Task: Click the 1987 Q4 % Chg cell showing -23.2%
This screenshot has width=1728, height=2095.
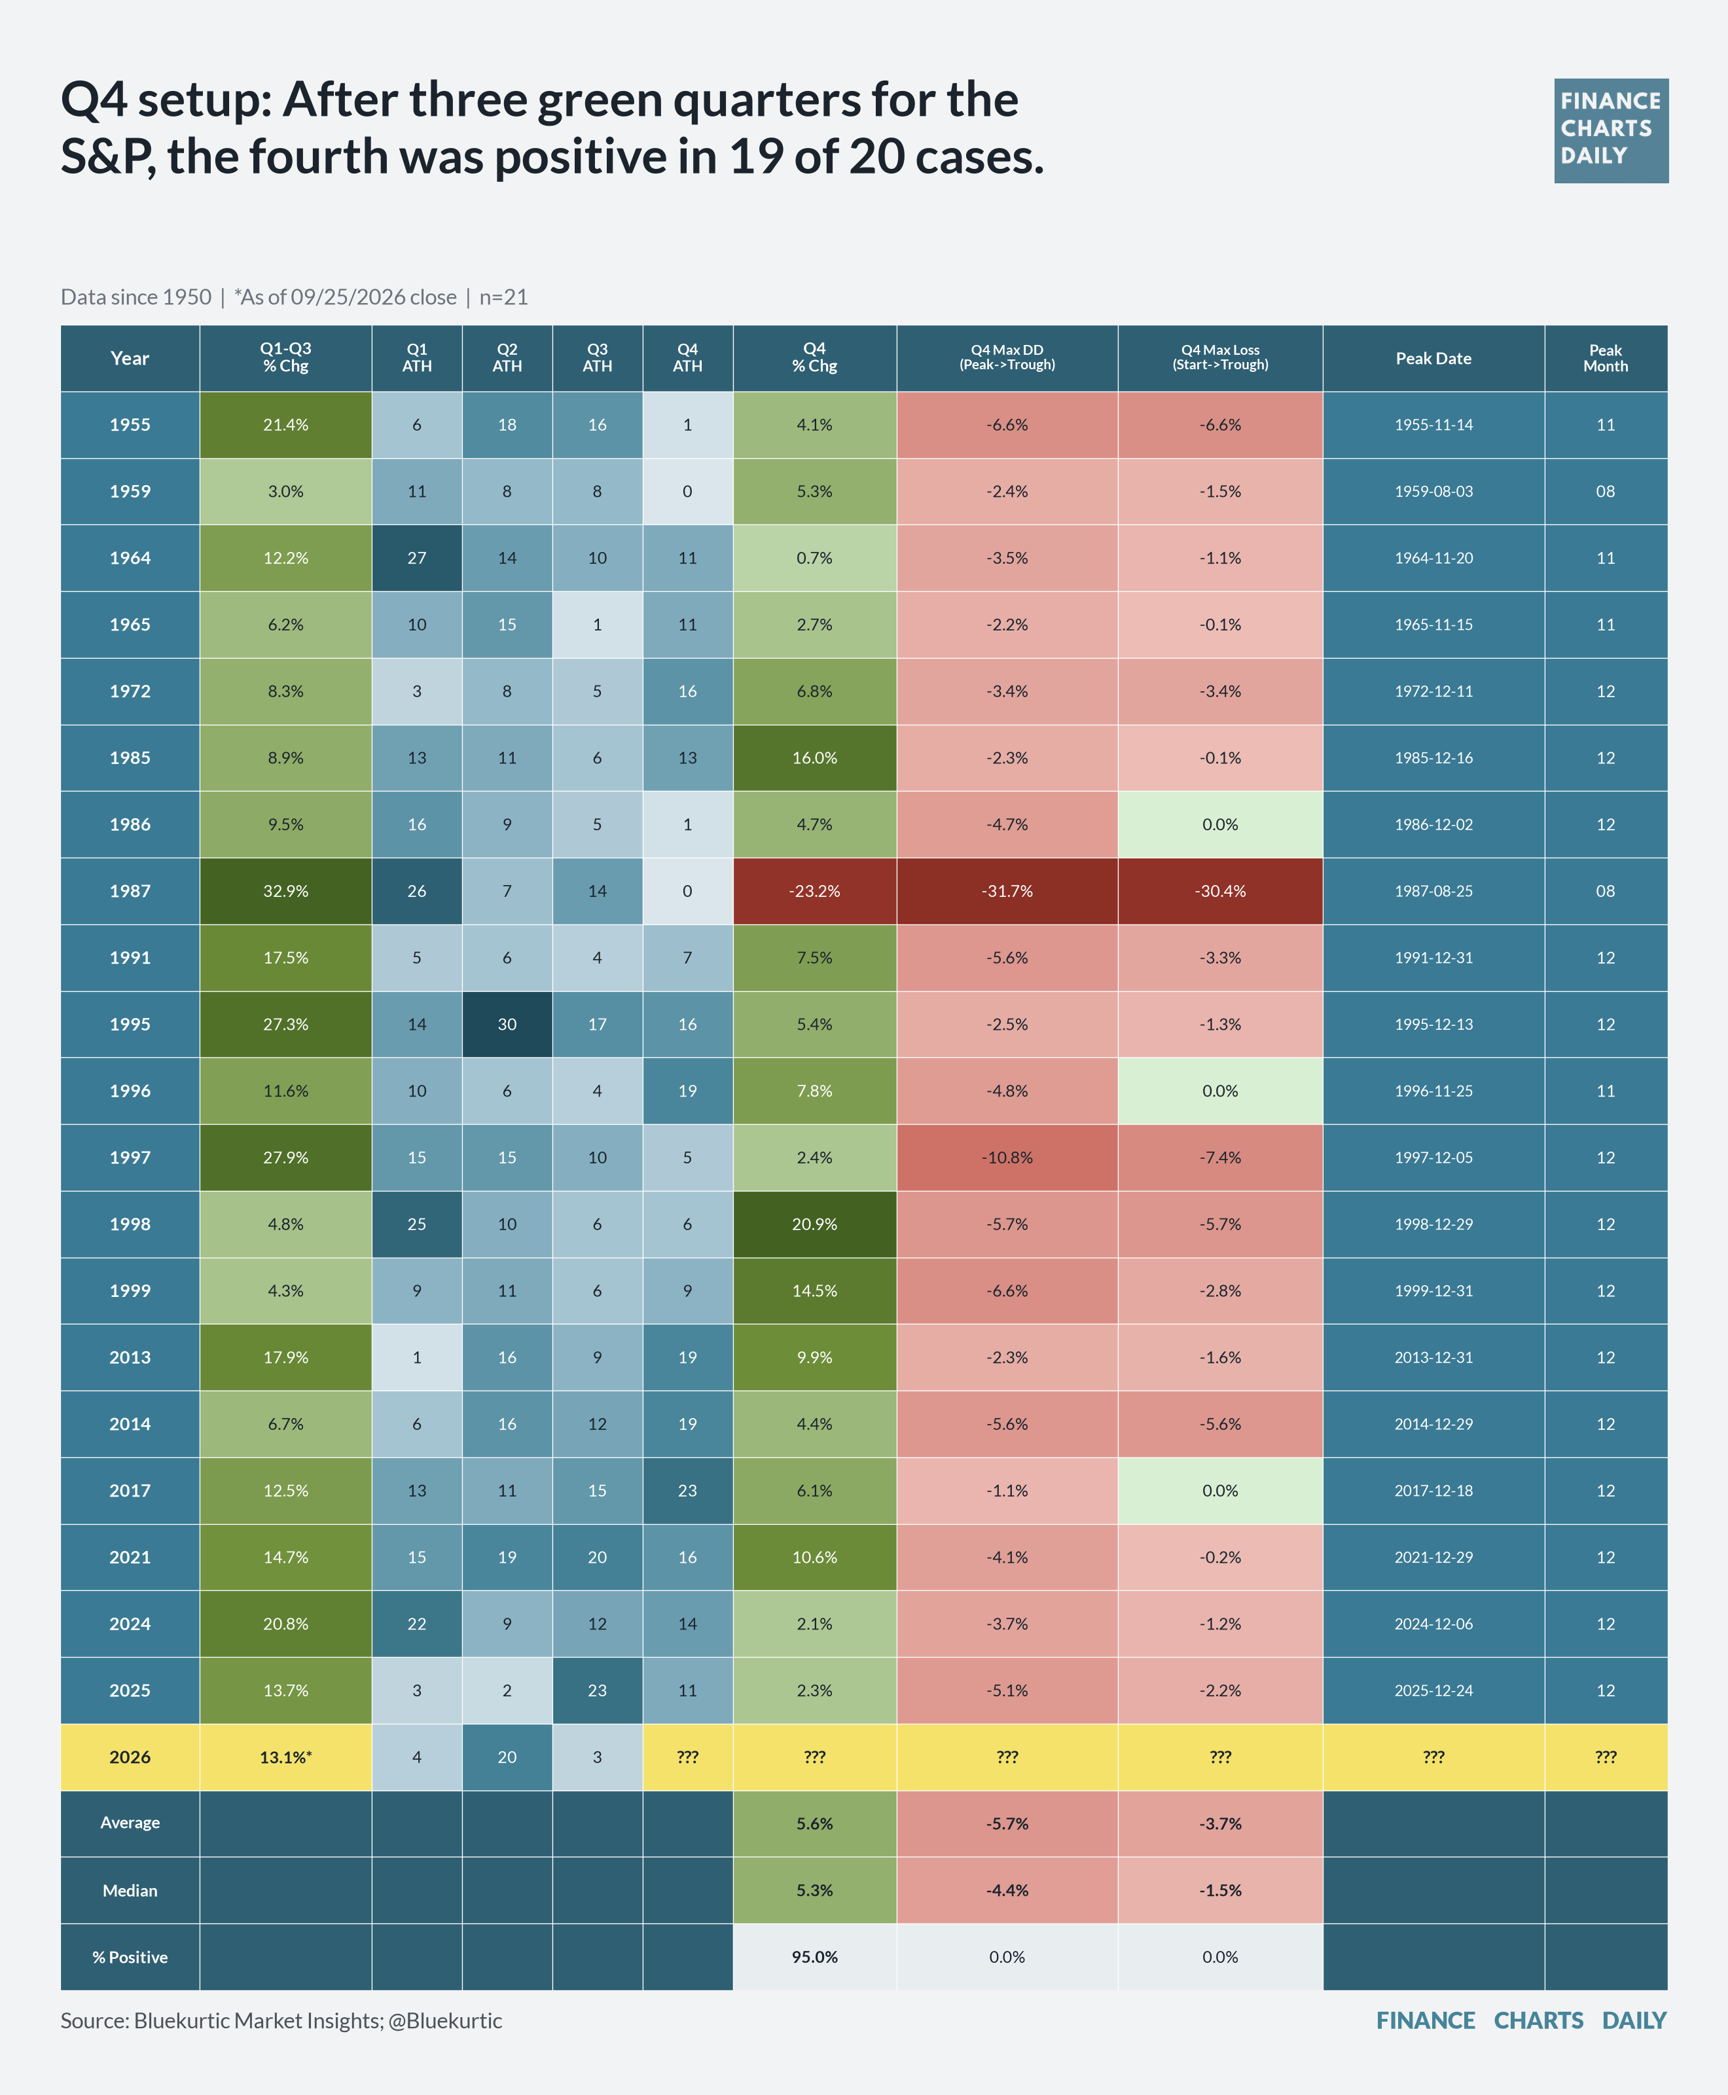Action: [814, 891]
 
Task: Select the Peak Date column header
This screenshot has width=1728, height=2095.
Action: [1433, 359]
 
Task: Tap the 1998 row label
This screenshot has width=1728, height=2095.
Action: [130, 1224]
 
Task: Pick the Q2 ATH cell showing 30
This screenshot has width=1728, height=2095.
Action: [507, 1023]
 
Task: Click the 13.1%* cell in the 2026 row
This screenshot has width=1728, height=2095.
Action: [285, 1757]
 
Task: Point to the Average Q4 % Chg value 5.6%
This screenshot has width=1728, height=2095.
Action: [814, 1823]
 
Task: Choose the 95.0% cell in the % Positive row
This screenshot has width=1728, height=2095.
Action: [814, 1957]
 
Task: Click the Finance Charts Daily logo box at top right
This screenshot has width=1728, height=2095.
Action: [1611, 130]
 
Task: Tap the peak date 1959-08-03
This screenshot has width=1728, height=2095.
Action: [1433, 491]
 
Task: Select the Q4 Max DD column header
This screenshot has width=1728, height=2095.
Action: [1007, 359]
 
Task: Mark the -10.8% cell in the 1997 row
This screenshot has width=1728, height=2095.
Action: [1007, 1157]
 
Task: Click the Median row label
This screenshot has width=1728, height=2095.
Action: [130, 1890]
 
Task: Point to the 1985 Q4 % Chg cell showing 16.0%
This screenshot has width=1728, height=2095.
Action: [814, 757]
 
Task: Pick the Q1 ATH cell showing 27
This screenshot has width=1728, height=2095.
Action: [417, 558]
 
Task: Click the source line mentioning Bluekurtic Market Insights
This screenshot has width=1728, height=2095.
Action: [281, 2020]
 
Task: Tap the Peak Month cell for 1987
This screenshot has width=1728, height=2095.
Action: [1606, 891]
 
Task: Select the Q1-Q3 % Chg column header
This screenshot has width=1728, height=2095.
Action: [285, 359]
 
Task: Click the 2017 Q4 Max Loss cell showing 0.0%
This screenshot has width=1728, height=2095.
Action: [1220, 1491]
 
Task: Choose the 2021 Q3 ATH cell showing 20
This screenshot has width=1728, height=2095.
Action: [597, 1558]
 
